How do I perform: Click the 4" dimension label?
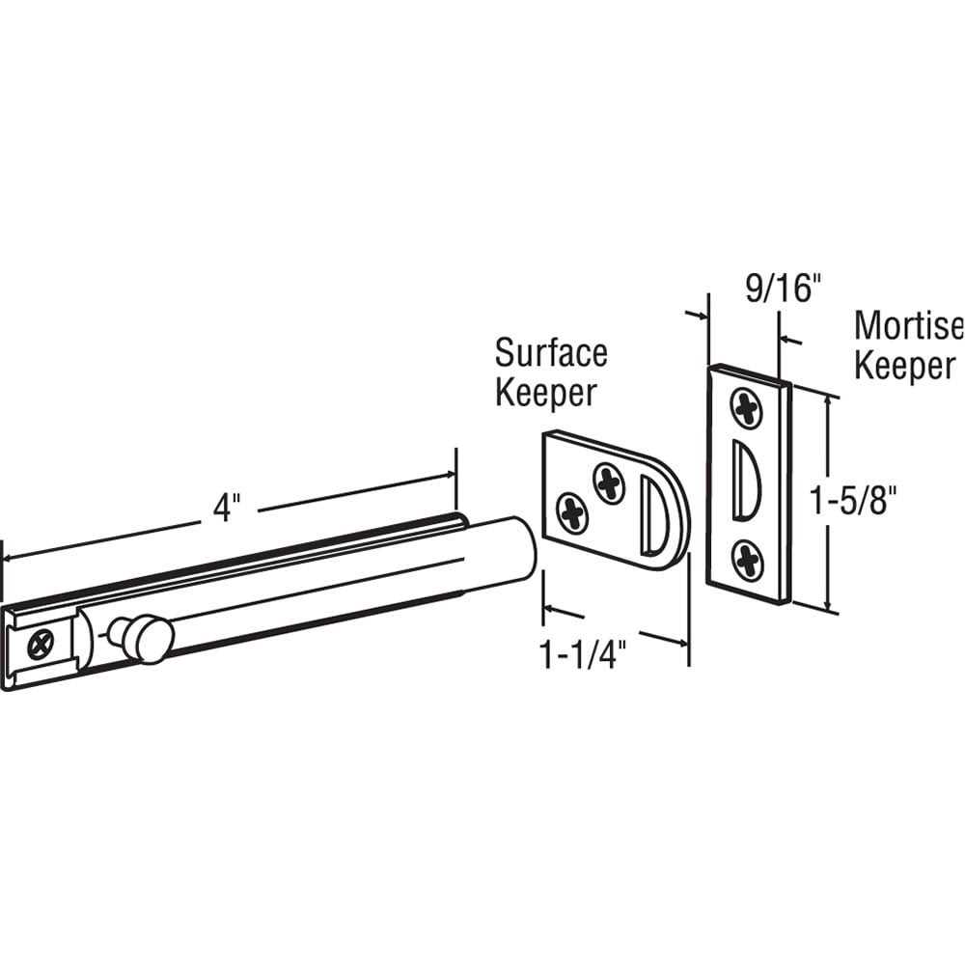click(225, 508)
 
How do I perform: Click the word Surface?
click(551, 353)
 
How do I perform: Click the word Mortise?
click(908, 327)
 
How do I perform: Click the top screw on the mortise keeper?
click(748, 408)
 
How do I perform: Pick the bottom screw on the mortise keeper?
click(748, 560)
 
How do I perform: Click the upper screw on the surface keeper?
click(609, 482)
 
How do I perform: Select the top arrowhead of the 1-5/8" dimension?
click(828, 397)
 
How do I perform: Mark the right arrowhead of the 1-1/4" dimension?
click(681, 641)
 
